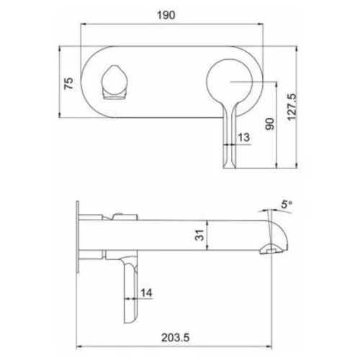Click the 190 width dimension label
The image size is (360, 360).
click(166, 15)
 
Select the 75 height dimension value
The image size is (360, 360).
click(69, 84)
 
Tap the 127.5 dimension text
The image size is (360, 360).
click(292, 107)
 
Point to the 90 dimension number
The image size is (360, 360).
click(270, 124)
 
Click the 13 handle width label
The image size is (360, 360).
click(244, 138)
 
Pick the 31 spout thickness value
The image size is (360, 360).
click(199, 235)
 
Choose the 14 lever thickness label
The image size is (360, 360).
click(146, 293)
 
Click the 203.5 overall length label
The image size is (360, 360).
click(175, 338)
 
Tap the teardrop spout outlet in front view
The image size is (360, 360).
click(114, 82)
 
